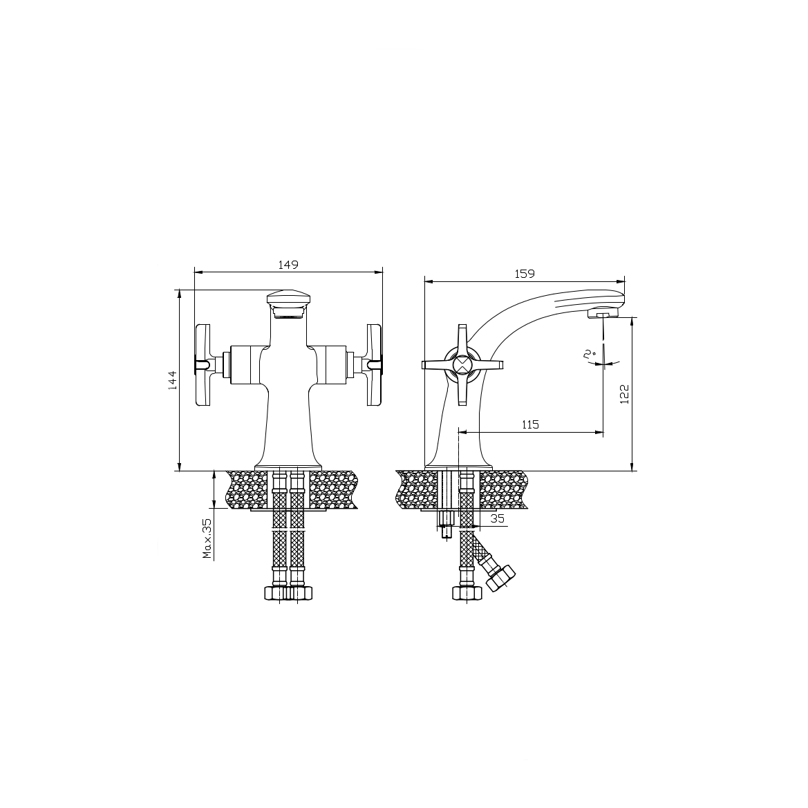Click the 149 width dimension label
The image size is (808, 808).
click(x=288, y=265)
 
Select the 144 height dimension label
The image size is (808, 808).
click(x=172, y=379)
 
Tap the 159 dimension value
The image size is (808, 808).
click(x=525, y=274)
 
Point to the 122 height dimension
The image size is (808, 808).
click(x=625, y=394)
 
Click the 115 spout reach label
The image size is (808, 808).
click(x=530, y=424)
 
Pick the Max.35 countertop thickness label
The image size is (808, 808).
click(x=207, y=538)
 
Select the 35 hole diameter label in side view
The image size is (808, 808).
click(x=497, y=519)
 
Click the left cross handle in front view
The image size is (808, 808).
click(x=203, y=364)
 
